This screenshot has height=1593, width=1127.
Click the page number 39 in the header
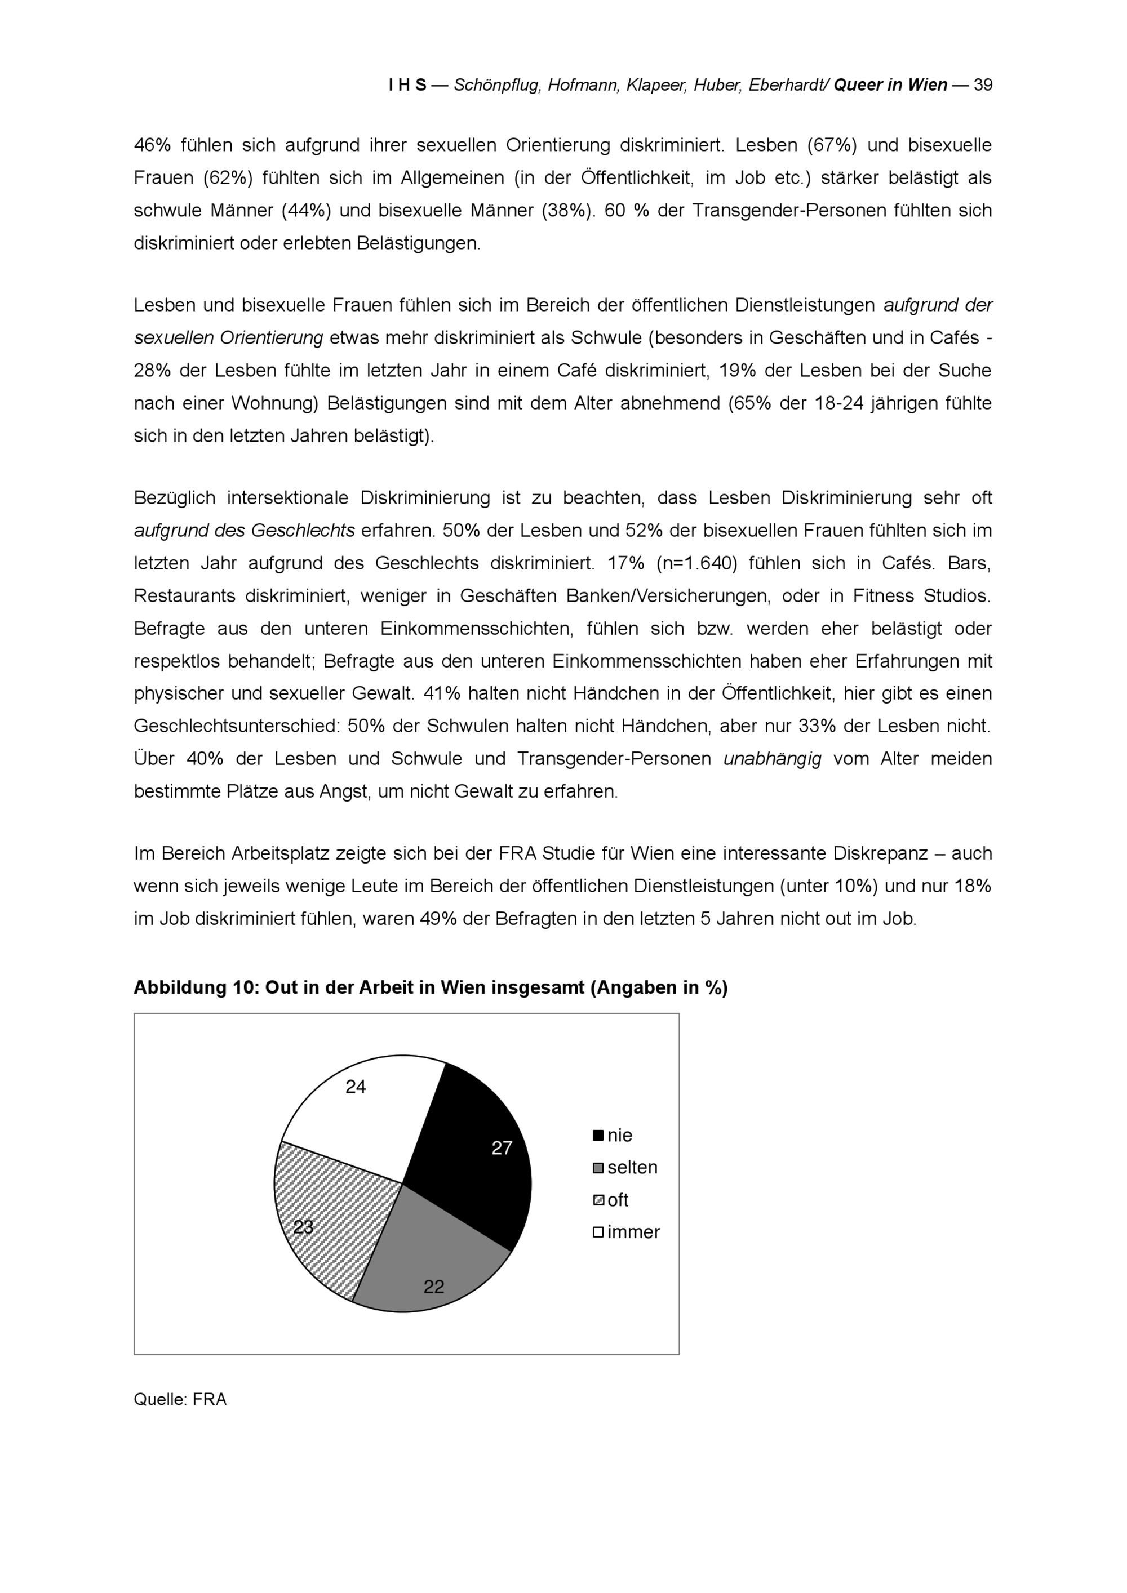pyautogui.click(x=983, y=86)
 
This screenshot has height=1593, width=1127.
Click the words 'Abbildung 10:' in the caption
pyautogui.click(x=196, y=988)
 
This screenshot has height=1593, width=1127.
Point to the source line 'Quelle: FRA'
pyautogui.click(x=180, y=1399)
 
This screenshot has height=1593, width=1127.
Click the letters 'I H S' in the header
pyautogui.click(x=407, y=86)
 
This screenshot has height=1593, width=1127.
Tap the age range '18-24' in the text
pyautogui.click(x=839, y=403)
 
